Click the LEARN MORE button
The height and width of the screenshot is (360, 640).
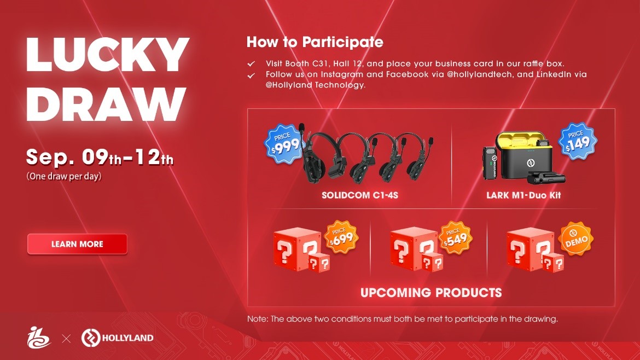[x=77, y=244]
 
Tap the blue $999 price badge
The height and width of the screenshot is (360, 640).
[x=284, y=144]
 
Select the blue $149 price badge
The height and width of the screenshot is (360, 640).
[x=577, y=141]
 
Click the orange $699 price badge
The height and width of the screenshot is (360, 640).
[x=341, y=237]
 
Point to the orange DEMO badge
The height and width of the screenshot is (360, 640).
[x=576, y=239]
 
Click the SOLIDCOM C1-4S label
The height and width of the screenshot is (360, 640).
[x=359, y=195]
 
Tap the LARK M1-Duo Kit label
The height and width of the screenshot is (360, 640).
[x=523, y=195]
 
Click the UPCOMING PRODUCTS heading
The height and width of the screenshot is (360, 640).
[x=431, y=293]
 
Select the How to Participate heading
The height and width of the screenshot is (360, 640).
[x=315, y=42]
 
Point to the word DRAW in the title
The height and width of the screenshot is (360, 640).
[x=106, y=104]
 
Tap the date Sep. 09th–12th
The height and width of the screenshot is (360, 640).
[x=100, y=157]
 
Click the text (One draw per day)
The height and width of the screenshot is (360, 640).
[x=63, y=176]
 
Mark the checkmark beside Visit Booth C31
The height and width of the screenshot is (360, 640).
[x=251, y=63]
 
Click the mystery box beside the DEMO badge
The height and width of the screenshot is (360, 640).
[x=534, y=250]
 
